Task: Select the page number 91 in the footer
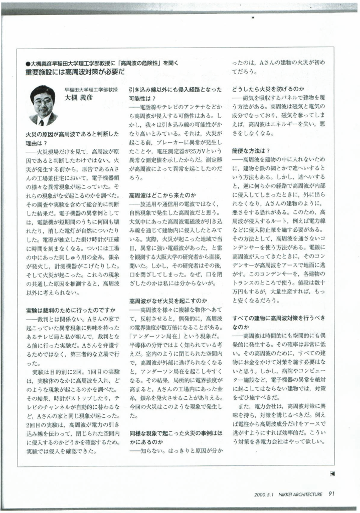(x=331, y=493)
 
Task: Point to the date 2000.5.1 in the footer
(x=264, y=494)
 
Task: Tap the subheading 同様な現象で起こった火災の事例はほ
(x=175, y=432)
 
